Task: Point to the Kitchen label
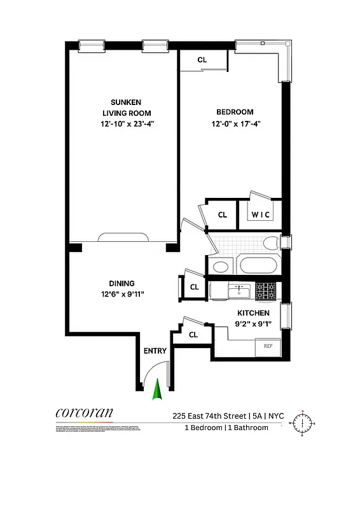click(x=253, y=313)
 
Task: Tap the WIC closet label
click(x=261, y=215)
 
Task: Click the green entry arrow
click(x=155, y=389)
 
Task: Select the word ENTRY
click(x=155, y=351)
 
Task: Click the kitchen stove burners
click(x=266, y=291)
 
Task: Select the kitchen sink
click(x=239, y=291)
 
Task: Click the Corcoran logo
click(x=84, y=412)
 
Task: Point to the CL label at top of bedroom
click(x=202, y=60)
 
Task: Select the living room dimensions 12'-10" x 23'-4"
click(x=125, y=124)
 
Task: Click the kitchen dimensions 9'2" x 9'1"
click(x=253, y=324)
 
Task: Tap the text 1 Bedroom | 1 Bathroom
click(x=226, y=428)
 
